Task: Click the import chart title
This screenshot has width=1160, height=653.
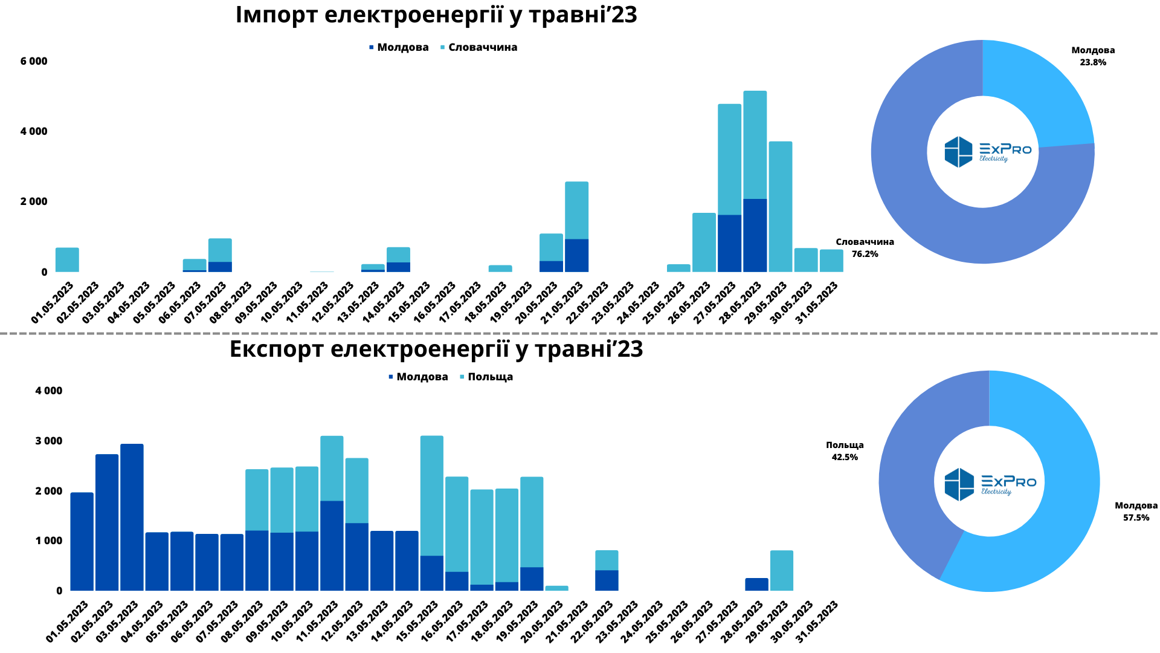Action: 436,15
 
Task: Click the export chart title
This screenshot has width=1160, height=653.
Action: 436,349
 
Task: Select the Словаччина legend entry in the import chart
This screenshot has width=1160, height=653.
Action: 482,47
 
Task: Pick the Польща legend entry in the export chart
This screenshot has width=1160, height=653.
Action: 489,377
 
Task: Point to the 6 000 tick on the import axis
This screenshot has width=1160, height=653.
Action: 34,61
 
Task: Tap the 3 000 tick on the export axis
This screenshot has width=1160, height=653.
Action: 49,441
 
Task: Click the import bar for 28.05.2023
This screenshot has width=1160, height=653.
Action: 755,181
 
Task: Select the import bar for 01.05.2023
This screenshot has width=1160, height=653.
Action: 67,260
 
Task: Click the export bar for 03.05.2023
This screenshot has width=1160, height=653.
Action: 132,518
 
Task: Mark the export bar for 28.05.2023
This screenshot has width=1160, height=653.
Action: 756,585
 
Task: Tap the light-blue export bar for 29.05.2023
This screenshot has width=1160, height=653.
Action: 782,571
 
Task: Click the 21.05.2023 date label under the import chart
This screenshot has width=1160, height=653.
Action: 562,303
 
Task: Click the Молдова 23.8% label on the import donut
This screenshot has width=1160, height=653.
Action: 1093,56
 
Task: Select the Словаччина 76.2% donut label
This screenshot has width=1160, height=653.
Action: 865,248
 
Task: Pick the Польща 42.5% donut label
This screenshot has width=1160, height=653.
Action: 845,451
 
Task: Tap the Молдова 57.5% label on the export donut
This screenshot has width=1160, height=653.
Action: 1136,512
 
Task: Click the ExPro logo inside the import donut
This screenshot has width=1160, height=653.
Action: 987,151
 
